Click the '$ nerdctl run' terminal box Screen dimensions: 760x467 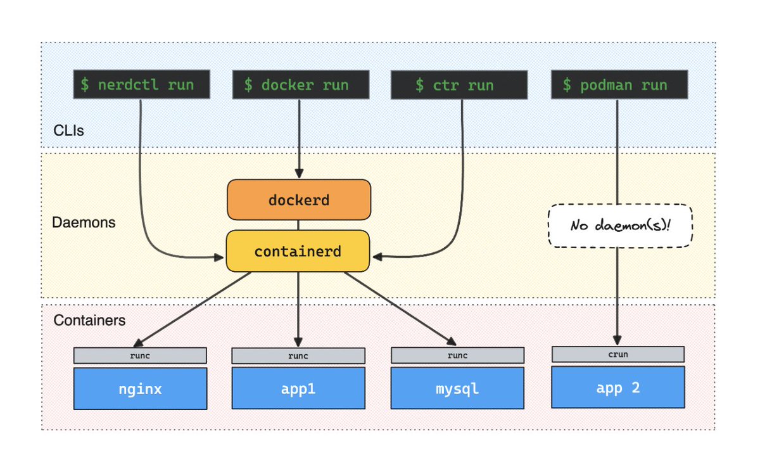point(141,84)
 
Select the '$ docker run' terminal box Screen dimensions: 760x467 point(301,84)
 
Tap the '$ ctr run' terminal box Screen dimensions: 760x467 point(459,85)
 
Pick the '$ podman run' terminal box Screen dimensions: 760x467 point(619,84)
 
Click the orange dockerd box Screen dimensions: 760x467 point(299,200)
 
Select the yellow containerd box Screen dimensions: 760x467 point(298,251)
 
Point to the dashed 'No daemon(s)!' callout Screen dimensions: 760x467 point(620,226)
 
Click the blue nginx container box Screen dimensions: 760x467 point(140,388)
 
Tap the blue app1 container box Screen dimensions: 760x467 point(298,388)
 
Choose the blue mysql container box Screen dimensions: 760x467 point(457,388)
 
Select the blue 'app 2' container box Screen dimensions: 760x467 point(618,387)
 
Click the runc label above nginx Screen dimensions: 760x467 point(140,355)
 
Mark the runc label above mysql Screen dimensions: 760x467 point(457,355)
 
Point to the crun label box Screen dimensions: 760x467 point(618,354)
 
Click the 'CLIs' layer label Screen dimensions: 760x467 point(68,131)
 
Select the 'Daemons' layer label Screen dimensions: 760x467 point(84,222)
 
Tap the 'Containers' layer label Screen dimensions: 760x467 point(89,321)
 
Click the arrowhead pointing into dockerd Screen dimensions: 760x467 point(299,174)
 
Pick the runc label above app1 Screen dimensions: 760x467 point(298,355)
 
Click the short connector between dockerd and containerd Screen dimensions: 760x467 point(298,226)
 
